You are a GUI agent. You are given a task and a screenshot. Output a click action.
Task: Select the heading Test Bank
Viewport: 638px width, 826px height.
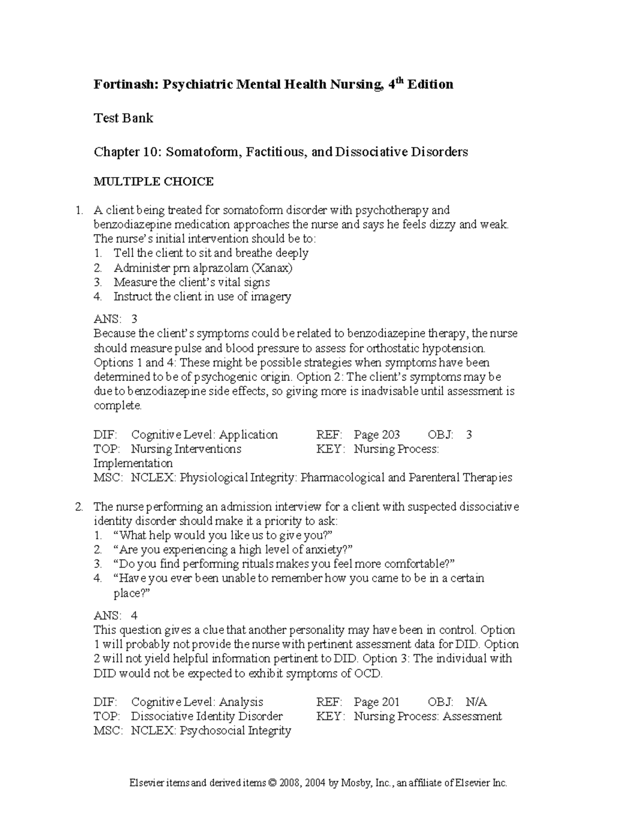tap(123, 118)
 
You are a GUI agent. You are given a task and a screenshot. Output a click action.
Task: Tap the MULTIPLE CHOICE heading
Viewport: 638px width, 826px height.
tap(154, 182)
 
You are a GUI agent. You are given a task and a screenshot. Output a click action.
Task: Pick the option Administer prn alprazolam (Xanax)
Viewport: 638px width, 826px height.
tap(203, 268)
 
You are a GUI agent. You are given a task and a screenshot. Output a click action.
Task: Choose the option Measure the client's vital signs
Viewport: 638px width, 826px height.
tap(191, 282)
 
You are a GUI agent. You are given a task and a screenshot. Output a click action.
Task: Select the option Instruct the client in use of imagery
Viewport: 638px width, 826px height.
tap(202, 297)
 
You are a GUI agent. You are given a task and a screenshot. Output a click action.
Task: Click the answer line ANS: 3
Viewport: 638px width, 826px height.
tap(115, 319)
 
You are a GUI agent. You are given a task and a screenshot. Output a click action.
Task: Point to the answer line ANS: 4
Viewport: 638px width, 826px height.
tap(115, 616)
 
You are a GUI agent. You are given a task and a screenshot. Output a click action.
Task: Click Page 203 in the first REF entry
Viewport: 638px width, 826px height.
tap(376, 435)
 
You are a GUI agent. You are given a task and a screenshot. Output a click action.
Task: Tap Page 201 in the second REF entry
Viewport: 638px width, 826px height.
tap(376, 702)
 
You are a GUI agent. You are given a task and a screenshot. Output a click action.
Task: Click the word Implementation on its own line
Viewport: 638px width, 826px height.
tap(133, 464)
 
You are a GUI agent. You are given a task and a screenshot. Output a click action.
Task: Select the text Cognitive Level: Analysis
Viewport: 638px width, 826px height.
tap(197, 702)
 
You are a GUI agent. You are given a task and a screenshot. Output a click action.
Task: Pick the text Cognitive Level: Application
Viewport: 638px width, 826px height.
tap(204, 435)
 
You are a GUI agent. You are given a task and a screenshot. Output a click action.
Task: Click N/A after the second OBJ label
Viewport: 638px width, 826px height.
tap(475, 702)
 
